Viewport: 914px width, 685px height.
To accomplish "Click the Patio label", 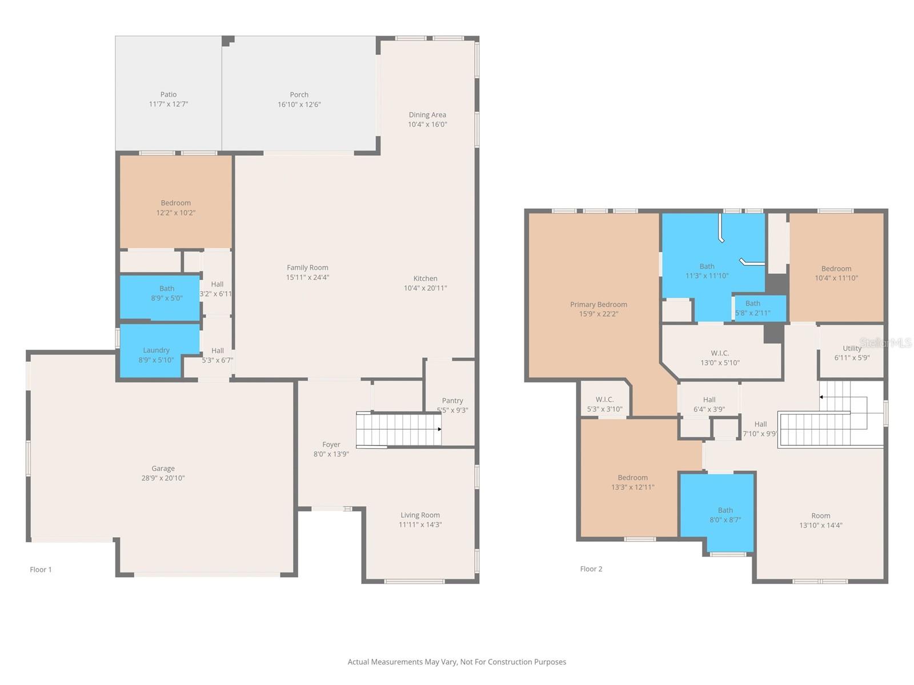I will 168,95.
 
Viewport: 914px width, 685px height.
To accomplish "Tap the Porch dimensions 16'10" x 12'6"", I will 299,104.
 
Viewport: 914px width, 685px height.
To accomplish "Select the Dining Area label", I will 427,115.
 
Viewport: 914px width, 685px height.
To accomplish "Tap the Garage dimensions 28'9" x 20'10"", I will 163,478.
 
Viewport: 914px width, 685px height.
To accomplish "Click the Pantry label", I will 452,401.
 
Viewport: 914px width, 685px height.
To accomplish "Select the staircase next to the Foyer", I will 399,429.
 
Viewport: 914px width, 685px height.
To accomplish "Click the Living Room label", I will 420,515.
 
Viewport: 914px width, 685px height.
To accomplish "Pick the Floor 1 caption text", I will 41,570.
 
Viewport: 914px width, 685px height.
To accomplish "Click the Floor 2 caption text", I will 591,569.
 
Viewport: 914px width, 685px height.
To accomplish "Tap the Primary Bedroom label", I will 598,304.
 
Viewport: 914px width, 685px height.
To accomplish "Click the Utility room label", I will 852,348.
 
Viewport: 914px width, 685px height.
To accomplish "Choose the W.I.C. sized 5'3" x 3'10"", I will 604,404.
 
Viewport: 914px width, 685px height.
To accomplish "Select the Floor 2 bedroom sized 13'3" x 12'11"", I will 632,482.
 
